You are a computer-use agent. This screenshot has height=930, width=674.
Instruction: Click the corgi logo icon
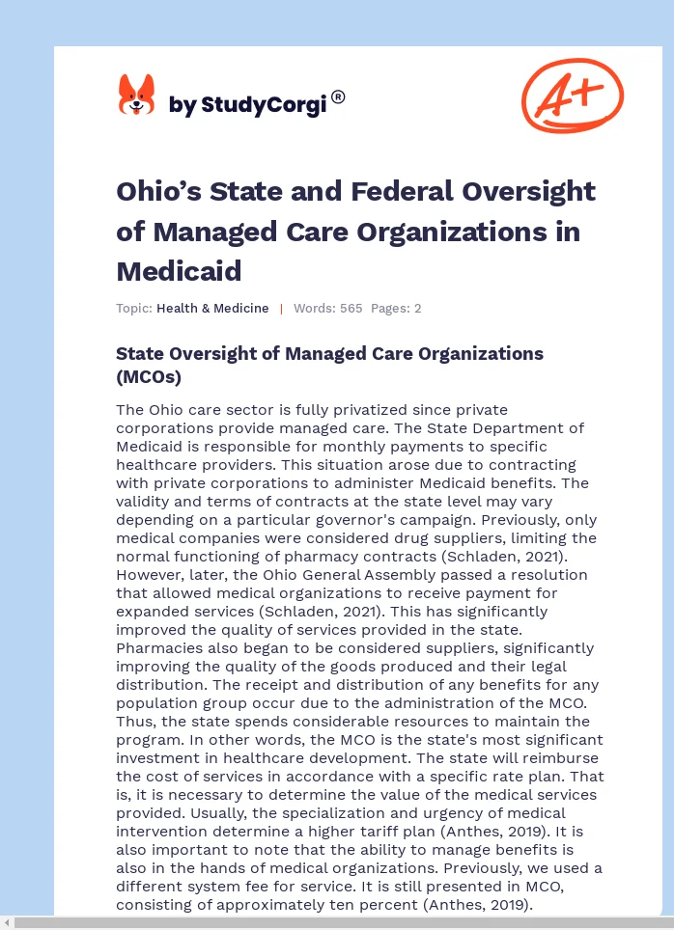[x=136, y=96]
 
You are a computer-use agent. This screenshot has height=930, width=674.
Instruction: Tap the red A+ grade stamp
[x=572, y=96]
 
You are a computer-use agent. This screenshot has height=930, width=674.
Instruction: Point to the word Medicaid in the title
[x=179, y=270]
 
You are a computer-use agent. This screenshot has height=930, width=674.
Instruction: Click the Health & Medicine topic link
[x=212, y=309]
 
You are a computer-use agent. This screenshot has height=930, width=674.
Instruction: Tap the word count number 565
[x=351, y=309]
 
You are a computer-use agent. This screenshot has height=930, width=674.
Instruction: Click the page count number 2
[x=417, y=309]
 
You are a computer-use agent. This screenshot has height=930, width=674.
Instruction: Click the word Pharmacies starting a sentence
[x=156, y=648]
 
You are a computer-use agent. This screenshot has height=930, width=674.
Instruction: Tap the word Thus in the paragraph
[x=134, y=722]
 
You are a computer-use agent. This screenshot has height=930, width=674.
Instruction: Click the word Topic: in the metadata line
[x=134, y=309]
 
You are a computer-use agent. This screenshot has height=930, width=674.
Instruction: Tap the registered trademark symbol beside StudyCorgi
[x=338, y=96]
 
